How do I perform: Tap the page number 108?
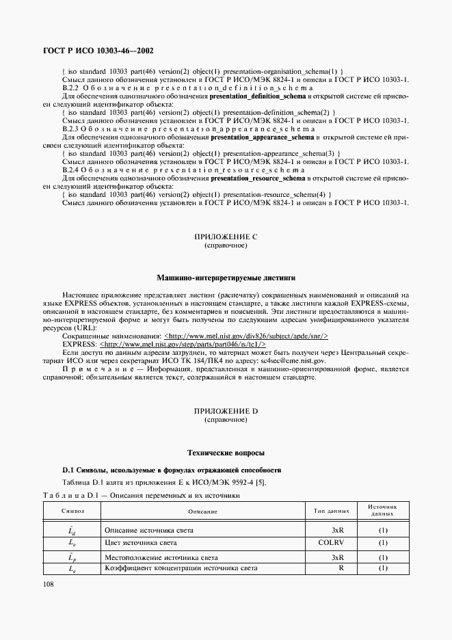[x=50, y=584]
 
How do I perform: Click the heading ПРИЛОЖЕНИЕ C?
[x=226, y=237]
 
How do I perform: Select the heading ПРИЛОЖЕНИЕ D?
[x=226, y=411]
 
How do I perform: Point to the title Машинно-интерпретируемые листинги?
[x=226, y=278]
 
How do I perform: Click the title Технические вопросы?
[x=226, y=453]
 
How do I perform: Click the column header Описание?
[x=202, y=511]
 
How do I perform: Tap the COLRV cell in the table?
[x=330, y=543]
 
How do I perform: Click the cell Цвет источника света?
[x=141, y=543]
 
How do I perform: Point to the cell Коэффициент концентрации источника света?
[x=181, y=568]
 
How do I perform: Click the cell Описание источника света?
[x=148, y=530]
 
